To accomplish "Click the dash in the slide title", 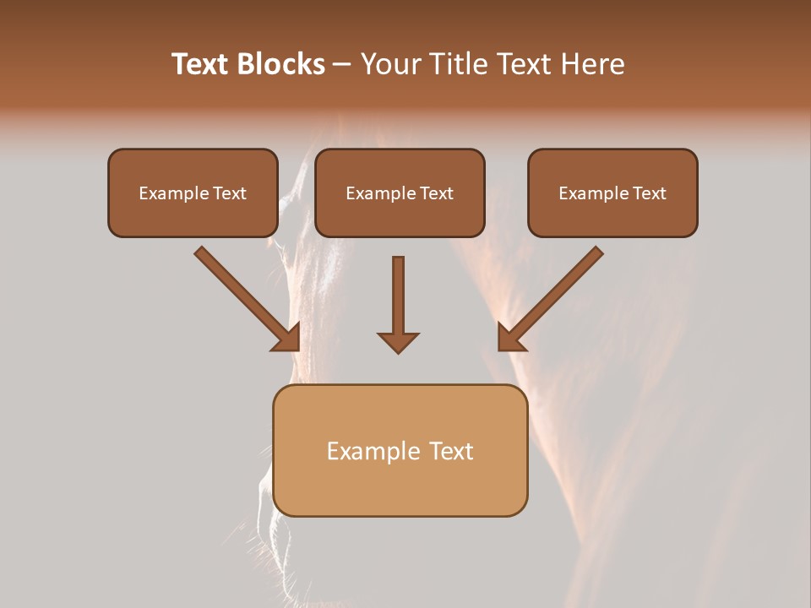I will tap(342, 64).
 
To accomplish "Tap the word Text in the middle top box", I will tap(437, 193).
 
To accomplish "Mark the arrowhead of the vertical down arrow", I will tap(398, 341).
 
